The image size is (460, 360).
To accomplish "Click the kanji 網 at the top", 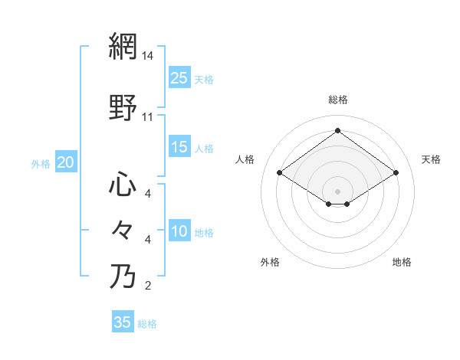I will tap(123, 47).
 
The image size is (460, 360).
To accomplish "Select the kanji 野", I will tap(123, 108).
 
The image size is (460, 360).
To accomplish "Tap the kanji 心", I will tap(123, 185).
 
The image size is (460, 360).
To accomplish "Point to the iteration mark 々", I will tap(123, 229).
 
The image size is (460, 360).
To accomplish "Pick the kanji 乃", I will tap(123, 275).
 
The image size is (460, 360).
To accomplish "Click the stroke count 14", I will tap(148, 57).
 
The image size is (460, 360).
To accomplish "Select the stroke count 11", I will tap(148, 117).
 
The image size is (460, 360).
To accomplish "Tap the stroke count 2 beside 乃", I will tap(148, 286).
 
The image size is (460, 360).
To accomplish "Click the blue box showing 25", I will tap(179, 77).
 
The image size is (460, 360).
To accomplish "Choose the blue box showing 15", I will tap(179, 147).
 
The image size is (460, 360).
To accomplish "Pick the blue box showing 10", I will tap(179, 231).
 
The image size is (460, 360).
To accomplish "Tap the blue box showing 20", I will tap(66, 162).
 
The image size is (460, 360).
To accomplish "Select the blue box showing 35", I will tap(123, 322).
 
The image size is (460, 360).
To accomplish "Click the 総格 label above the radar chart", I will tap(338, 100).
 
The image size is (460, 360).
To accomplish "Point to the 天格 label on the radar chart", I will tap(431, 159).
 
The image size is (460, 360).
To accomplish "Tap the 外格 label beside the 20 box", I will tap(40, 163).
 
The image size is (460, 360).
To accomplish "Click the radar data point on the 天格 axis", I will tap(396, 173).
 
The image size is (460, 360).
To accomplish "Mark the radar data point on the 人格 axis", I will tap(280, 173).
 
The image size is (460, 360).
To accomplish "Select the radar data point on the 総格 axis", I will tap(338, 131).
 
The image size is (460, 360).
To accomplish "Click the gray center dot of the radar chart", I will tap(338, 190).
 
